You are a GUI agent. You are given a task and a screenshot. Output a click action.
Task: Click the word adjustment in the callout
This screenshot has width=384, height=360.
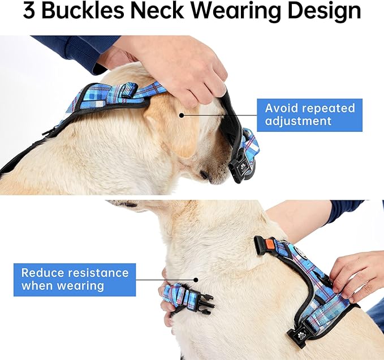pyautogui.click(x=299, y=121)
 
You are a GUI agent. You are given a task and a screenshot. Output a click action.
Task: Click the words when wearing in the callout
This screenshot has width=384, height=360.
pyautogui.click(x=63, y=286)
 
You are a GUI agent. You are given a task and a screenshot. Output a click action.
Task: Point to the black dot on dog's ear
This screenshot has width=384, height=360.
pyautogui.click(x=181, y=115)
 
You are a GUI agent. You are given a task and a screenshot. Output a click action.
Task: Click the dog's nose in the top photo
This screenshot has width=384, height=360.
pyautogui.click(x=205, y=176)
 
